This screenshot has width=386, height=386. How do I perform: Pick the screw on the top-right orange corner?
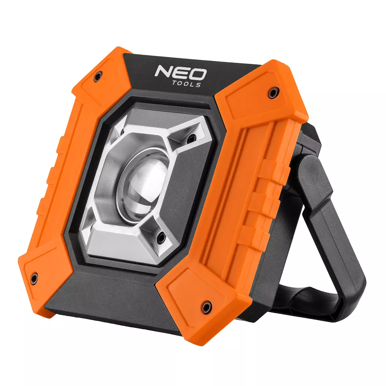pyautogui.click(x=272, y=93)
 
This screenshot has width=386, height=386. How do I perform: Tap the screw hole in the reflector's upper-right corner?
pyautogui.click(x=190, y=138)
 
